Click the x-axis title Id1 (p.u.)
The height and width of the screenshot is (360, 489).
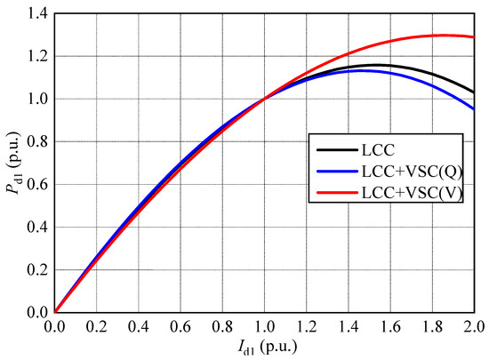[264, 348]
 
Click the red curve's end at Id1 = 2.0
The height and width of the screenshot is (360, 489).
[474, 36]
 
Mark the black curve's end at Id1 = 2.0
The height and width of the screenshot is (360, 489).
[474, 92]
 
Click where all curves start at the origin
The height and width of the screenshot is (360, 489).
[55, 312]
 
